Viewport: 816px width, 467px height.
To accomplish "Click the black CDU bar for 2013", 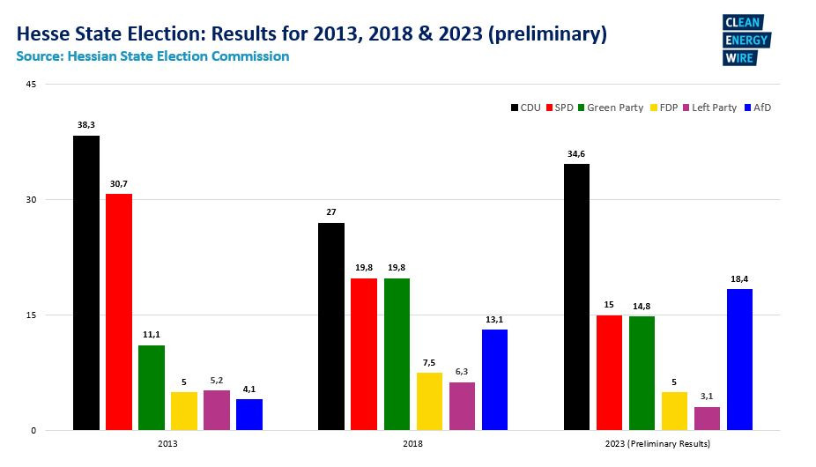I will click(86, 282).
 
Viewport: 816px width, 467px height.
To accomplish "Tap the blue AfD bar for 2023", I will click(739, 359).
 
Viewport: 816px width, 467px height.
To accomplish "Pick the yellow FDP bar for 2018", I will click(429, 401).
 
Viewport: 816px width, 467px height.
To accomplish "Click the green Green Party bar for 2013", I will click(152, 387).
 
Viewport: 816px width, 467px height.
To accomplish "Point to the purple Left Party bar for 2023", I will click(707, 418).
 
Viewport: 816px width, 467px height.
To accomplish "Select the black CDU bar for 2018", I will click(331, 326).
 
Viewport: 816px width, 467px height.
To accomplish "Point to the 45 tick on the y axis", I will click(32, 85).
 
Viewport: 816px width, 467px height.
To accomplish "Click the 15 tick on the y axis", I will click(32, 315).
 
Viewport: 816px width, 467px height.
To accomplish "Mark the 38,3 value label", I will click(86, 126).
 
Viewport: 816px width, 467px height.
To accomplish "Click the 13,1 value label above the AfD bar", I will click(494, 320).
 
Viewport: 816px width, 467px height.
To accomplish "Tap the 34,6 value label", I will click(576, 154).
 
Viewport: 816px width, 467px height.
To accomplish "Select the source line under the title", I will click(152, 56).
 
